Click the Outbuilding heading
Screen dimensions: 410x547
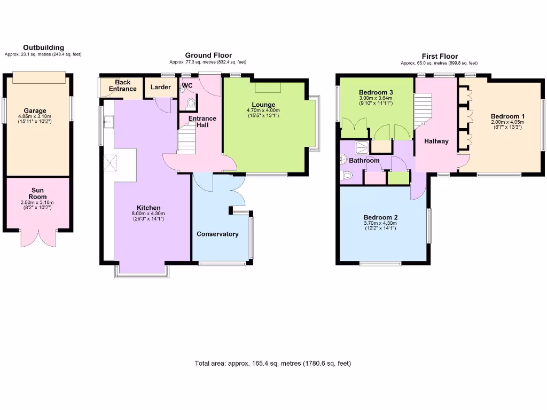point(43,48)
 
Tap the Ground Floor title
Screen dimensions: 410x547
point(208,56)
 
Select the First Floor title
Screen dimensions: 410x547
point(440,56)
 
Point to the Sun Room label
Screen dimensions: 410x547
point(37,193)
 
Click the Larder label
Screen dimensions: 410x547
point(160,87)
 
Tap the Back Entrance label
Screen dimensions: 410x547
point(122,85)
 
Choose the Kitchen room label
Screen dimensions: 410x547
point(149,208)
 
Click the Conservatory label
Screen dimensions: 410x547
point(217,234)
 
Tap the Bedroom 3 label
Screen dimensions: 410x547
point(376,91)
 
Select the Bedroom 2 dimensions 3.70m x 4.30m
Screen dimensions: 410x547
point(380,224)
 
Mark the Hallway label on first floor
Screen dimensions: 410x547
point(436,141)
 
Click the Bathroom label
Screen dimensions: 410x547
point(365,160)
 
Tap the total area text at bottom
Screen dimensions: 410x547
point(273,364)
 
